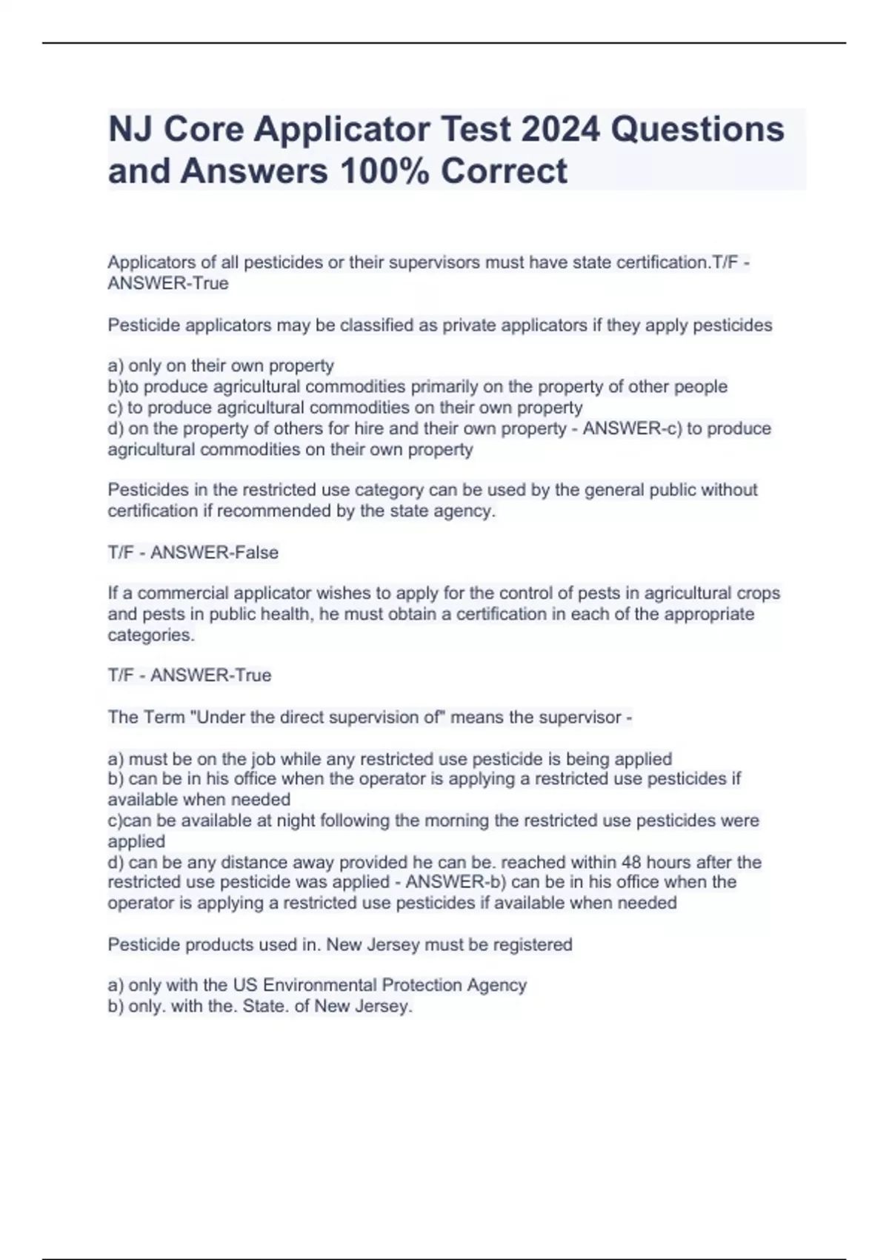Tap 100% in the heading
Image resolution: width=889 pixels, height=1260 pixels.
379,171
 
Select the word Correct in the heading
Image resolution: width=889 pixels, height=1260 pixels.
504,171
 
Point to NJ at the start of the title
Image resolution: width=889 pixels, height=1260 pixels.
132,130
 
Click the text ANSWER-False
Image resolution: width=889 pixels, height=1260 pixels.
214,552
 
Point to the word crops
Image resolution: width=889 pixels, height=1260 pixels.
759,593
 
